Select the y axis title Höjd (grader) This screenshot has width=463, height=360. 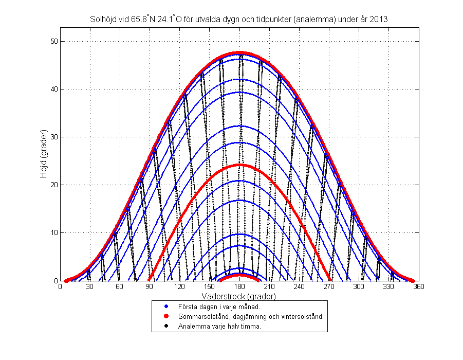[x=45, y=160]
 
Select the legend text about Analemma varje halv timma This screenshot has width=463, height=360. [x=219, y=326]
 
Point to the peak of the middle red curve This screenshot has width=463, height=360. [x=239, y=165]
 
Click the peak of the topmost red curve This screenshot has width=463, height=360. [x=239, y=53]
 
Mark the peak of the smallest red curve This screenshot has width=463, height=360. [x=239, y=275]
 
